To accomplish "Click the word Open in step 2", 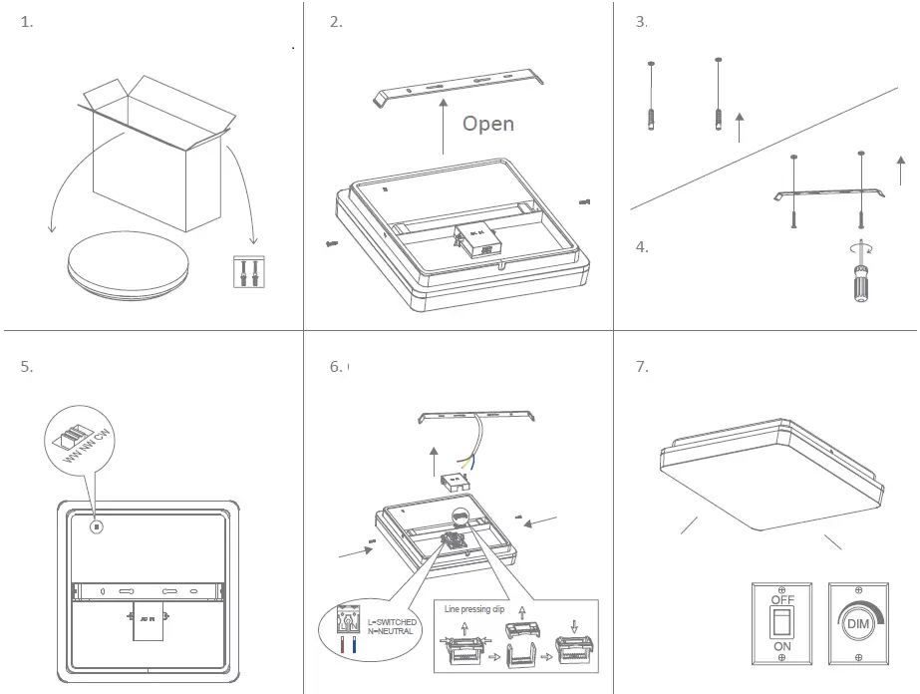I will click(487, 124).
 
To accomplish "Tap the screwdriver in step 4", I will click(856, 277).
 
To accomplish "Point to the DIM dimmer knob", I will click(857, 624).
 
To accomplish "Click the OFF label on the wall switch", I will click(782, 600).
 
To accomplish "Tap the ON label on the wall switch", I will click(782, 646).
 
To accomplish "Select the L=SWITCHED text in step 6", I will click(392, 622).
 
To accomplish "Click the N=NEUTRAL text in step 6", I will click(390, 632).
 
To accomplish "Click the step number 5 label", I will click(26, 366).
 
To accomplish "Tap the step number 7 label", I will click(641, 366).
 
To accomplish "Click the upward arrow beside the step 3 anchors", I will click(738, 128).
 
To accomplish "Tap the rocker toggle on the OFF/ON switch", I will click(782, 623).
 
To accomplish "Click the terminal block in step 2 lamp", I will click(472, 235).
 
